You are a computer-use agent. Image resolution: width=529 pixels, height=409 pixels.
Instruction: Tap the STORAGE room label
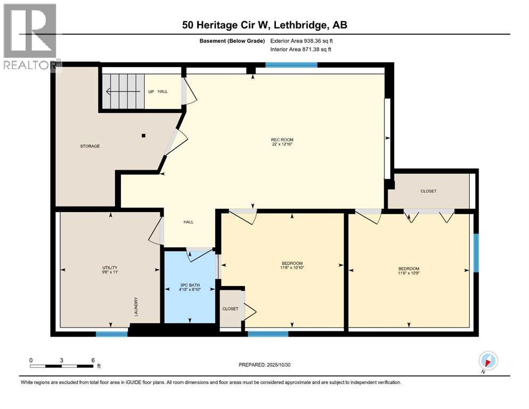click(x=90, y=146)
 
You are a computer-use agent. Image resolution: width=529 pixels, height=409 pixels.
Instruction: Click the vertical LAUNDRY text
click(x=136, y=307)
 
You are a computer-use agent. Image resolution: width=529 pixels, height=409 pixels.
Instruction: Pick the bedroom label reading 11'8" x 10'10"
click(x=292, y=265)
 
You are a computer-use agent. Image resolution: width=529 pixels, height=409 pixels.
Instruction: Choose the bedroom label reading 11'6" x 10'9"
click(x=409, y=271)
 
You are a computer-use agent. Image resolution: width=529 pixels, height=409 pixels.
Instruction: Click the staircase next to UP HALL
click(x=124, y=92)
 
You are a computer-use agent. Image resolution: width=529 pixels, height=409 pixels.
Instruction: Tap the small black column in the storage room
click(x=143, y=135)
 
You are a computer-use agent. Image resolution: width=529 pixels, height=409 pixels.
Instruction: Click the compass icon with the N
click(x=488, y=361)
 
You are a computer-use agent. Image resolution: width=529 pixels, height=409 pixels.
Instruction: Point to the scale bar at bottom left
click(x=62, y=366)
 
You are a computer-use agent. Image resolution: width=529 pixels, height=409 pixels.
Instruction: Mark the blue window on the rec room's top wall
click(x=291, y=65)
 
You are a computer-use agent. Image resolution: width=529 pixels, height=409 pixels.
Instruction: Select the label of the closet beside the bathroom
click(x=231, y=308)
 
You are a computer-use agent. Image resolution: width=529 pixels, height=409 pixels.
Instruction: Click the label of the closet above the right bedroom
click(x=428, y=191)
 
